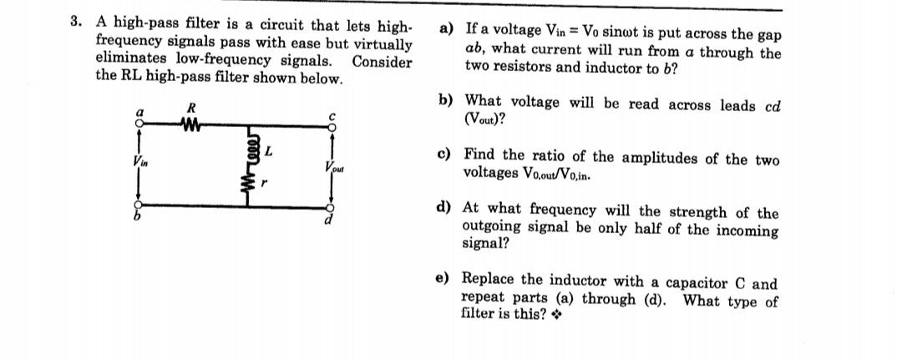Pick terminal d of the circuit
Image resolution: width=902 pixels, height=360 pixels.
point(330,209)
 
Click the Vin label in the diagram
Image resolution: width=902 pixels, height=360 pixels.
point(133,162)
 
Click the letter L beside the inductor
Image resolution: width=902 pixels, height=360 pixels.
point(268,151)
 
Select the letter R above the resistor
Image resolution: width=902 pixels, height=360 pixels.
point(191,108)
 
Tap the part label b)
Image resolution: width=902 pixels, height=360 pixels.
point(446,100)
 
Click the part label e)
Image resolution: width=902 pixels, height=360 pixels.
point(446,279)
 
